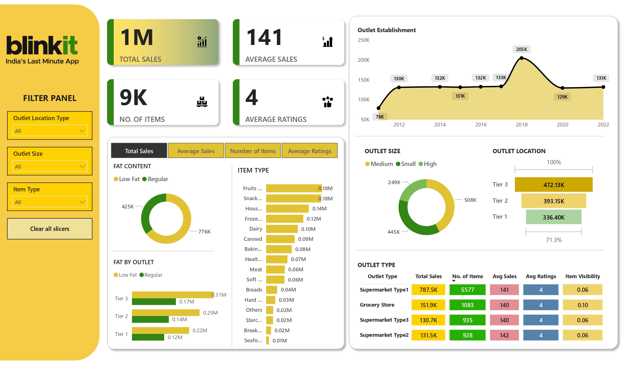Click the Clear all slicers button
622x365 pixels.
(x=50, y=229)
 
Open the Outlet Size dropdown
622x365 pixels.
(x=50, y=166)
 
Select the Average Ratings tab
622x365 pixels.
(x=309, y=151)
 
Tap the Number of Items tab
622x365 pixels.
(x=253, y=151)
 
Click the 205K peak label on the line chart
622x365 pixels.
(x=521, y=49)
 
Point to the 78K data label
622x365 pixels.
(x=380, y=117)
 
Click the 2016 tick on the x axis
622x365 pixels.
(x=481, y=125)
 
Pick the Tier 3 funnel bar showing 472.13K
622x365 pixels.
(x=553, y=185)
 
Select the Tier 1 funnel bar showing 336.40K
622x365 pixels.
(x=553, y=217)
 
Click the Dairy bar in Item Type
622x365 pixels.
(x=282, y=229)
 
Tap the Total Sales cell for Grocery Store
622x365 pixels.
(x=428, y=305)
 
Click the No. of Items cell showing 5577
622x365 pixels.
(x=467, y=290)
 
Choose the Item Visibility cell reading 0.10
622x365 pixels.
(x=582, y=305)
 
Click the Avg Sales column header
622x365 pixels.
(x=504, y=276)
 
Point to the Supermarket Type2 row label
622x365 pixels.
(x=384, y=335)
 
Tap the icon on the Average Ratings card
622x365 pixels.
(x=327, y=102)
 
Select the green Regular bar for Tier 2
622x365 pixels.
(x=150, y=319)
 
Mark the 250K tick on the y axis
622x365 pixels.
(x=364, y=40)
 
